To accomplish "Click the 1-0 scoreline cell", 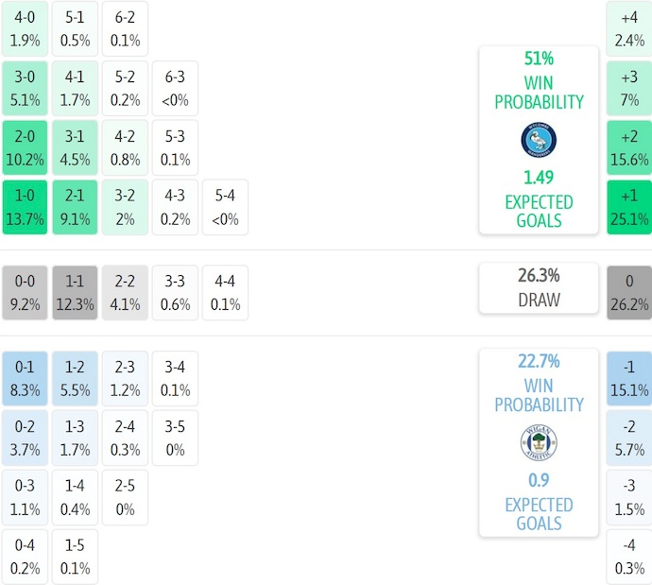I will (25, 207).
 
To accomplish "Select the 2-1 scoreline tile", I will (74, 207).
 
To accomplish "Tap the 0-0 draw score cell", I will (25, 293).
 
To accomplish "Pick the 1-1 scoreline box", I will (74, 293).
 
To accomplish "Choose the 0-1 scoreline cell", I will (25, 378).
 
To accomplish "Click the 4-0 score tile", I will (25, 29).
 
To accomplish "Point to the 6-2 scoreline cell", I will (125, 29).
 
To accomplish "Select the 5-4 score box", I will (225, 207).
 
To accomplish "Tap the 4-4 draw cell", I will (225, 293).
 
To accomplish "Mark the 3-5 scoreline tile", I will (175, 439).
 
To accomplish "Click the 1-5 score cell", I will (74, 557).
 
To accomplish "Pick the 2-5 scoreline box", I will (125, 497).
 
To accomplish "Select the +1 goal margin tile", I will (629, 207).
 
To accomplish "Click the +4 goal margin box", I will (629, 29).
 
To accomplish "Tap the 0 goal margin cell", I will (629, 293).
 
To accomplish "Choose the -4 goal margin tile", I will (629, 557).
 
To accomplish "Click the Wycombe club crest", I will (539, 140).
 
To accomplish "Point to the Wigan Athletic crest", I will (539, 442).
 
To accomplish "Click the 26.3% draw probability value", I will (539, 276).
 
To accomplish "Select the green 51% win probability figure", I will (539, 59).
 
